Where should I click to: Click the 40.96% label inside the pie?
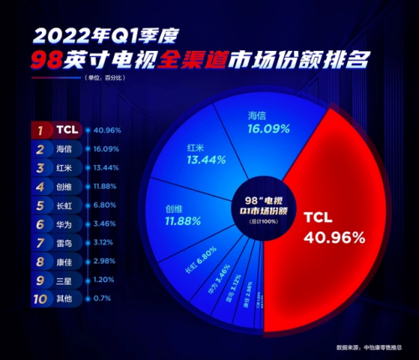334,237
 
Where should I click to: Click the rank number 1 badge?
39,130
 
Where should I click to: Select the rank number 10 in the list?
39,296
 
